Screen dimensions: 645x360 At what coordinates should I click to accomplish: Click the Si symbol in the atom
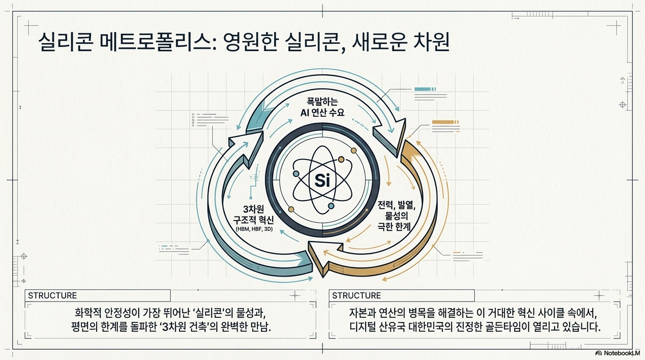(322, 180)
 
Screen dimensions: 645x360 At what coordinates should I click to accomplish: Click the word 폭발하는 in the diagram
(322, 101)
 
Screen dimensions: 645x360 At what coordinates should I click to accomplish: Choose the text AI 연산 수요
(322, 112)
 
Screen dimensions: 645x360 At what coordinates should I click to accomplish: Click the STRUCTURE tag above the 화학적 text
(52, 295)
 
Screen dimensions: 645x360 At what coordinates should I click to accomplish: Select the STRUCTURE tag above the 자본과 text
(356, 295)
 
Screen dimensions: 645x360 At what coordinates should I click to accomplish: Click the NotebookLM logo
(617, 353)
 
